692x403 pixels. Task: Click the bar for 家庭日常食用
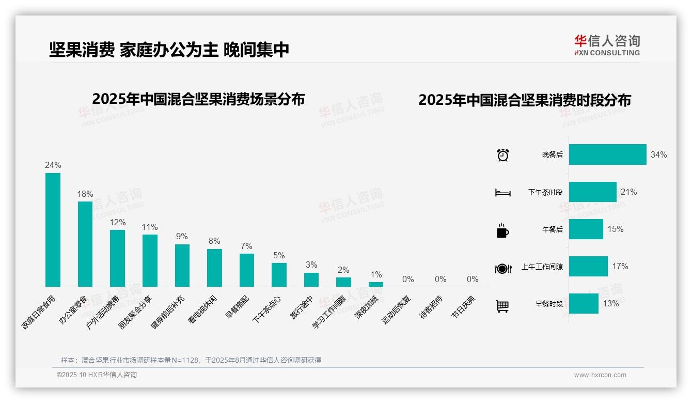53,230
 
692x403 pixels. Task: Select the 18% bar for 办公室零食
85,244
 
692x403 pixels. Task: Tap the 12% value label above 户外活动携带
117,222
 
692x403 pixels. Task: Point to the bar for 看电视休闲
214,268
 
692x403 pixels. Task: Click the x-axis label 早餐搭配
237,307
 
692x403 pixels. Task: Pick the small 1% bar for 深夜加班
376,284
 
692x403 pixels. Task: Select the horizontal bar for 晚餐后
607,154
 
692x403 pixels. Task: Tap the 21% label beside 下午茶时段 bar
628,192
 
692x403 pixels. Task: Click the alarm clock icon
503,155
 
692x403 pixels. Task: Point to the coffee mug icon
502,230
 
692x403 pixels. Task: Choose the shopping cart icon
502,306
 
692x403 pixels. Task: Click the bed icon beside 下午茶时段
502,193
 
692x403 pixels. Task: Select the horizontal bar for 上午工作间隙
588,267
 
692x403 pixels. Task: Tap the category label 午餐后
552,229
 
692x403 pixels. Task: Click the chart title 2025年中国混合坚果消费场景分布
198,99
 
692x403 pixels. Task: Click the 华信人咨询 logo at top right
607,45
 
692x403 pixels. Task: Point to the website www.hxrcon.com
600,375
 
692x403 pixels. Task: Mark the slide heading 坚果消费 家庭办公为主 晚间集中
169,50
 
